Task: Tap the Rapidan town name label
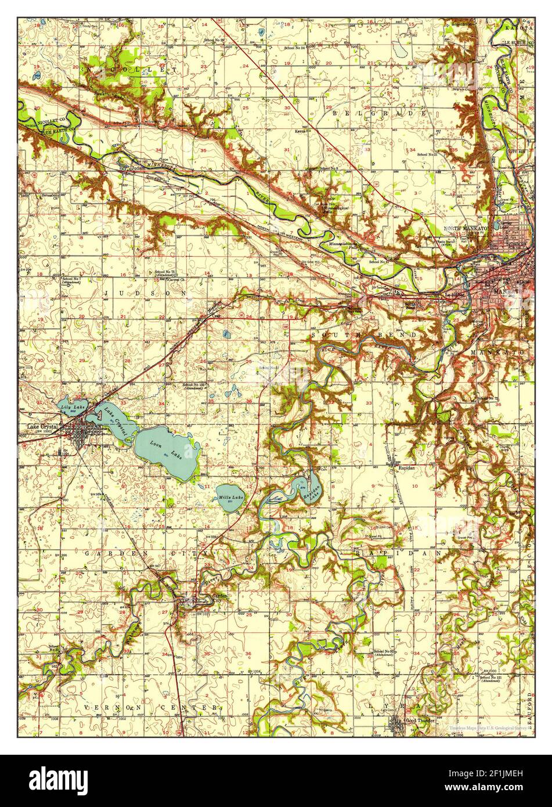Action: [x=406, y=465]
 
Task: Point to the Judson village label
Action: [x=138, y=169]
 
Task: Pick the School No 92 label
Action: [x=385, y=652]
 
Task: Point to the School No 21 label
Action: [x=428, y=154]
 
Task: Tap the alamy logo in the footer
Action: [x=52, y=779]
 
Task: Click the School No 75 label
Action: [x=166, y=272]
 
